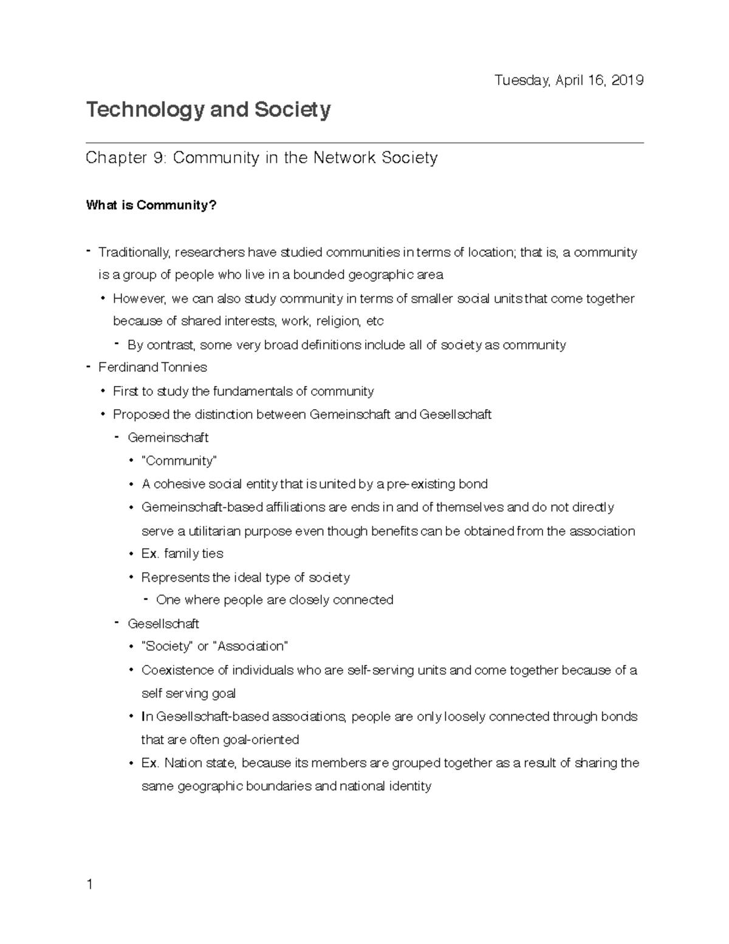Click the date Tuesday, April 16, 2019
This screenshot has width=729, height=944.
point(569,80)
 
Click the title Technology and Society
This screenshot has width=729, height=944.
point(208,110)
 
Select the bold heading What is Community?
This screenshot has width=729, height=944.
point(151,205)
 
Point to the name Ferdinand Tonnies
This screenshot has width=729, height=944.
point(152,367)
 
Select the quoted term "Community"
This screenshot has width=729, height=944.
point(179,461)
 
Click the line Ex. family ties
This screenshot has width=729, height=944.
point(182,554)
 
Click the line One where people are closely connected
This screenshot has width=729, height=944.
point(275,600)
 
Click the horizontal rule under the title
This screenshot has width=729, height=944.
point(364,143)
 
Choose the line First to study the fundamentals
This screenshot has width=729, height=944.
point(243,391)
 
